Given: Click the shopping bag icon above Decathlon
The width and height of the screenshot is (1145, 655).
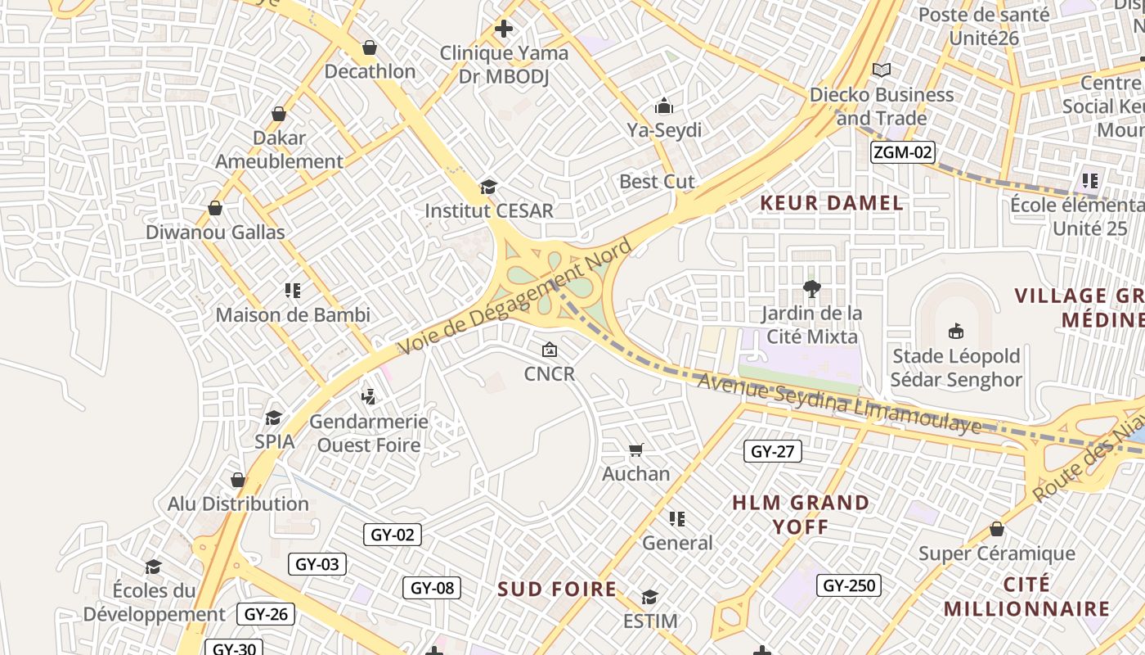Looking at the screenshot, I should [x=370, y=47].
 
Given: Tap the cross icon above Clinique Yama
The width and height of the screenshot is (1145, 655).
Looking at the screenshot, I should [x=504, y=29].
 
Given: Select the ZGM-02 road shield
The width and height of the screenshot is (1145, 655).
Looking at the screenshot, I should [x=902, y=151].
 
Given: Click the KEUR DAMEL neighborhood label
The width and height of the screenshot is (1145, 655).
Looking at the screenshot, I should [x=832, y=203].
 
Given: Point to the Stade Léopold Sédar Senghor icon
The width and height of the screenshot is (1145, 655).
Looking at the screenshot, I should [x=955, y=332].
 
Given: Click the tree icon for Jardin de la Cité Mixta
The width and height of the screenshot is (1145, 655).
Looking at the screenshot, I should [x=811, y=288].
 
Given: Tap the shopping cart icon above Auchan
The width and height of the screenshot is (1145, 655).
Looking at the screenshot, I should [x=635, y=449].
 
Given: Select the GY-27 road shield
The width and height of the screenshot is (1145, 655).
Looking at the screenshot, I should [x=773, y=451].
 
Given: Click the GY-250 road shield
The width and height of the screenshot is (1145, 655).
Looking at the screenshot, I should [x=848, y=585].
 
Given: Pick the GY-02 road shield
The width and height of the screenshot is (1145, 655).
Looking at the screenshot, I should [x=393, y=535].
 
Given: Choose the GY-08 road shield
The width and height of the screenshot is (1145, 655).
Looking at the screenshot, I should [x=432, y=587].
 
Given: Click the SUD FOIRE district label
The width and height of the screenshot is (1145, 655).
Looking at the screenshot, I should [x=557, y=589].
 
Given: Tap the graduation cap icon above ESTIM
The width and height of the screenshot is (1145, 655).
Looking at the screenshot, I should [x=650, y=597].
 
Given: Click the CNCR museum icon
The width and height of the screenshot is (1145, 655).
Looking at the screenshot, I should [x=550, y=350].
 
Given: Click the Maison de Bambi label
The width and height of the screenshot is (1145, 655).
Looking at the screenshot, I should [x=293, y=314].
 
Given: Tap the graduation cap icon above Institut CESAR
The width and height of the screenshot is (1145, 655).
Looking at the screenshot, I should [x=488, y=187].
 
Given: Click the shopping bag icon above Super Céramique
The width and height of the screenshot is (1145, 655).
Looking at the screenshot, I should [x=996, y=529].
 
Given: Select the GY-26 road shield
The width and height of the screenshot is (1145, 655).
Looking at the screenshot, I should [x=266, y=614].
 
